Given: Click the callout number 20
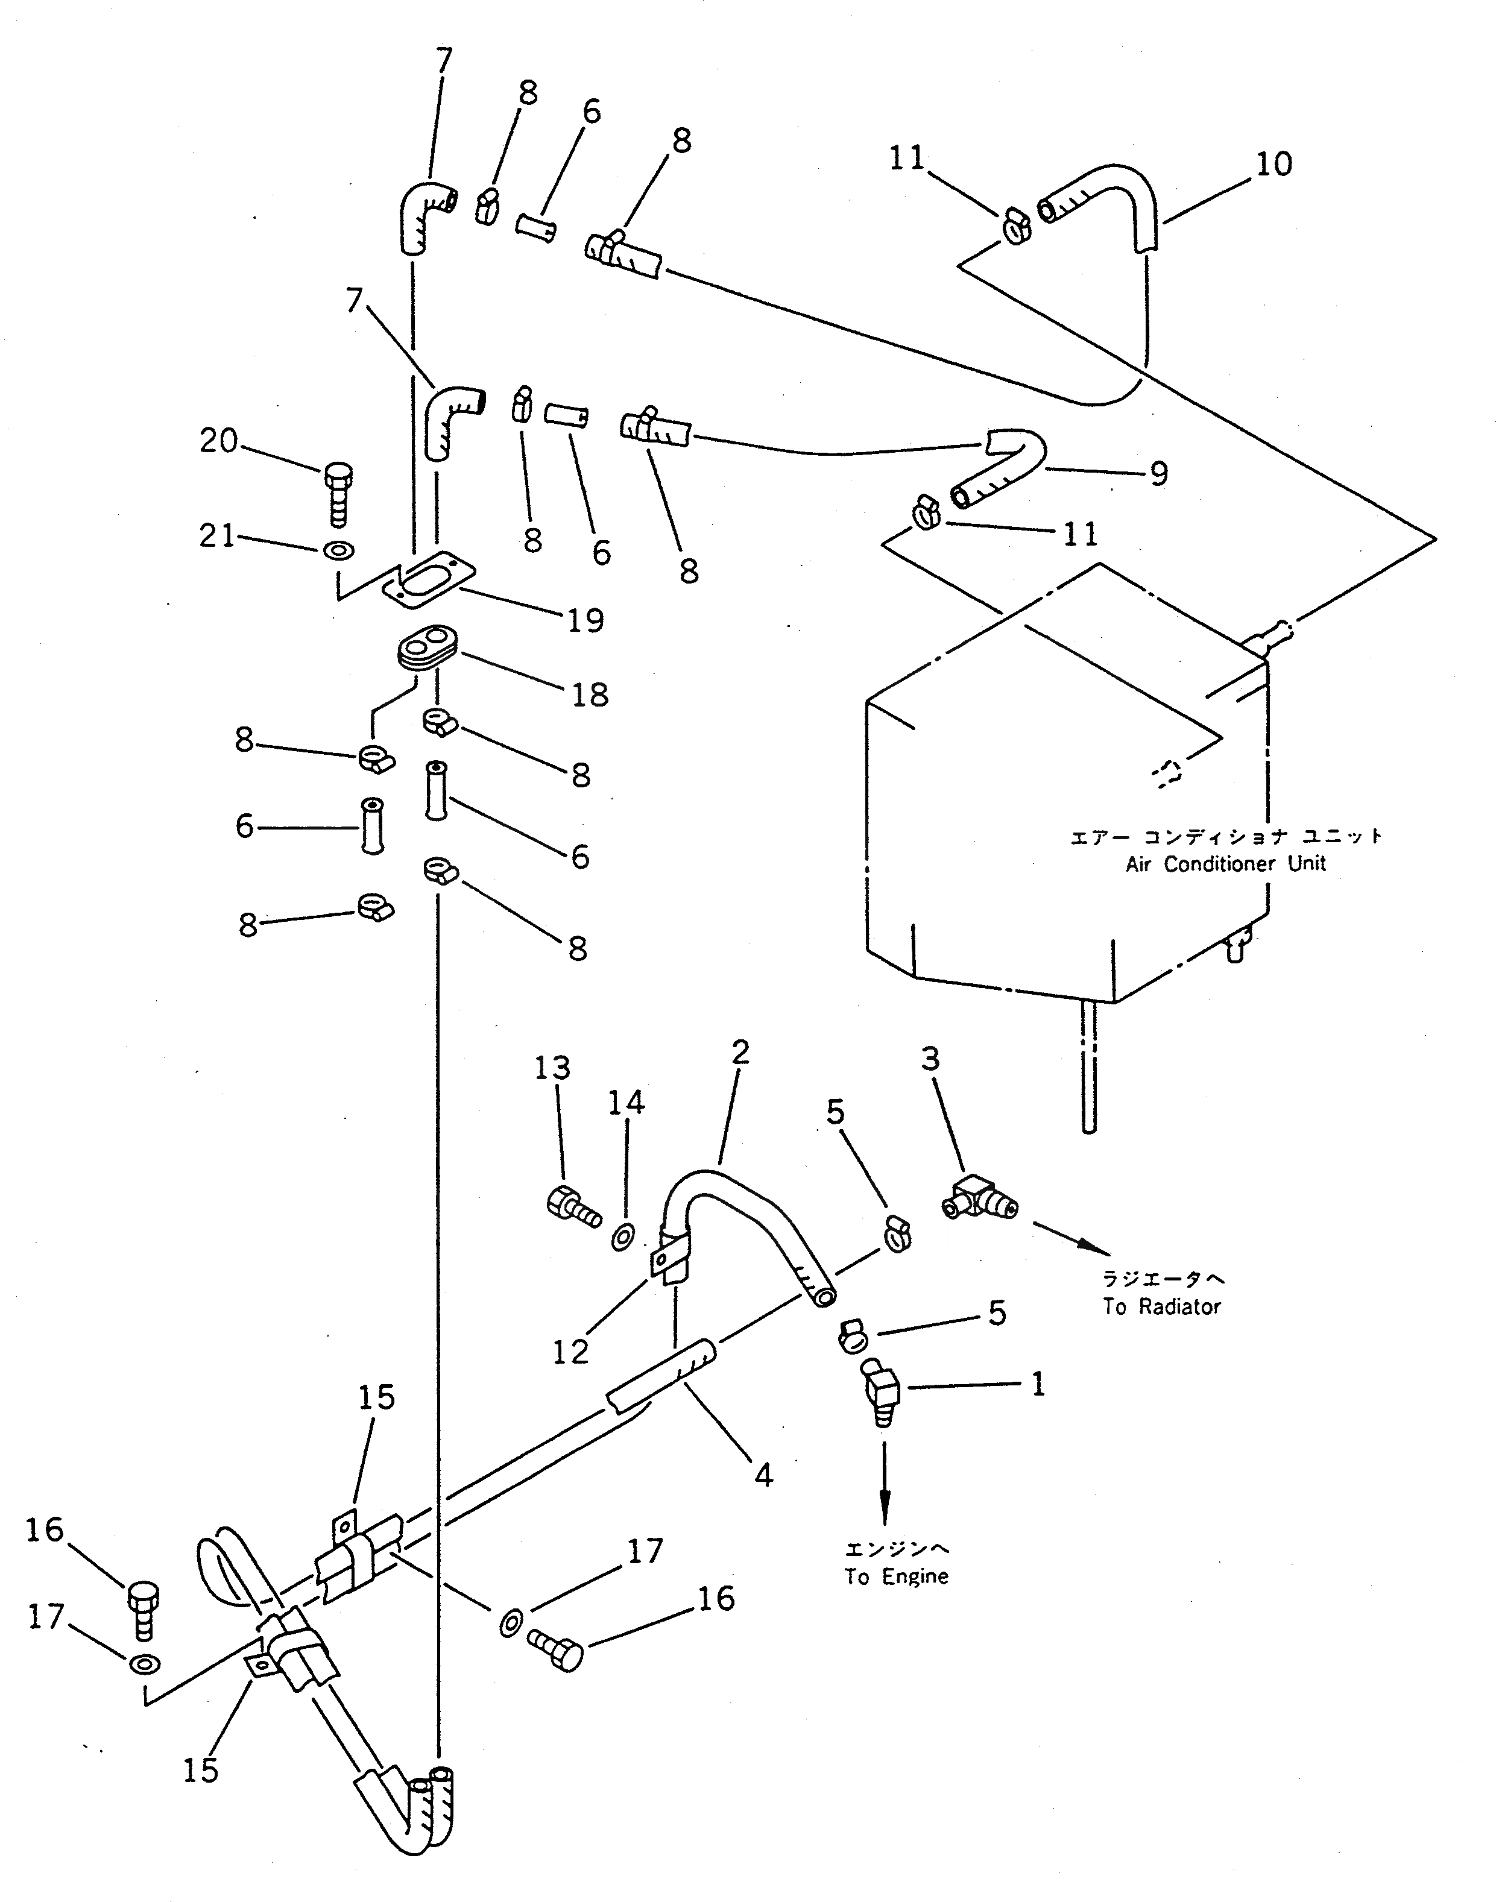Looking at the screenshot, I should pyautogui.click(x=218, y=441).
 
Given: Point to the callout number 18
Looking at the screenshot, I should pyautogui.click(x=590, y=694).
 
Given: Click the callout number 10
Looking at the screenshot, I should pyautogui.click(x=1273, y=165).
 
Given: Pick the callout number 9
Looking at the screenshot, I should pyautogui.click(x=1159, y=474).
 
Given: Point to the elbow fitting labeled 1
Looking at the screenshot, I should pyautogui.click(x=881, y=1391).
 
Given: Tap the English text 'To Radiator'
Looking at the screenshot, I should pyautogui.click(x=1161, y=1306).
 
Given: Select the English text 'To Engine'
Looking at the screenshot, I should pyautogui.click(x=896, y=1576).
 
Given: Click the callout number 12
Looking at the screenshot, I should pyautogui.click(x=570, y=1352).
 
